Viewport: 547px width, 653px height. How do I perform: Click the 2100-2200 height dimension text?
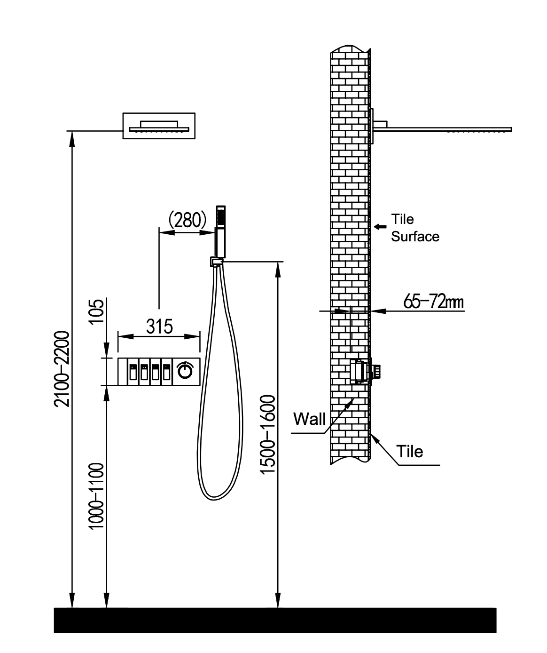(63, 368)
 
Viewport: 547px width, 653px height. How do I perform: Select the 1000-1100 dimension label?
(97, 495)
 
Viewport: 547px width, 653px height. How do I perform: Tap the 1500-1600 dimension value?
(268, 434)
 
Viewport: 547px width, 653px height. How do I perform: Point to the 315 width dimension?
(159, 326)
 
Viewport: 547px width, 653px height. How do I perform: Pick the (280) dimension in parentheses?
(187, 220)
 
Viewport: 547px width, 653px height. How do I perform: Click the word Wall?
(309, 419)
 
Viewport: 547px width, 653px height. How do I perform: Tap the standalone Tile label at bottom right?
(410, 452)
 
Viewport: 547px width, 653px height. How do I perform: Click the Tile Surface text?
(414, 228)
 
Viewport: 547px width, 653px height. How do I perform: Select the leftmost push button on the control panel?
(133, 372)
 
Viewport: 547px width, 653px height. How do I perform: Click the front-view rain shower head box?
(159, 126)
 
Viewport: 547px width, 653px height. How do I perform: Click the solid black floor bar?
(275, 620)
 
